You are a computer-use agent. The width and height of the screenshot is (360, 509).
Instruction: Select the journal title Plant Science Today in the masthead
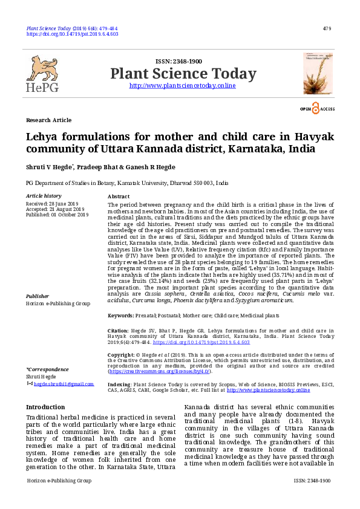(x=183, y=74)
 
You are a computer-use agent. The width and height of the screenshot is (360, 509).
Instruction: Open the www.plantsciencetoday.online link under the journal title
(x=183, y=86)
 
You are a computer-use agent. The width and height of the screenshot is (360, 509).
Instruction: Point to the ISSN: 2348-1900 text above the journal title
(x=178, y=62)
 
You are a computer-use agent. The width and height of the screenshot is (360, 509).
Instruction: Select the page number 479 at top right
(x=327, y=28)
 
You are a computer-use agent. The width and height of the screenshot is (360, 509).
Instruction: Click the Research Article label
(x=48, y=120)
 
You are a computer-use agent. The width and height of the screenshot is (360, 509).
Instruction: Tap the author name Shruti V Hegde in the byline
(x=50, y=166)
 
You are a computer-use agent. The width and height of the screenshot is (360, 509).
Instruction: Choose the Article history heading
(x=44, y=196)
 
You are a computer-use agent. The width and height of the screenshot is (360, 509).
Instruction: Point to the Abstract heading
(x=118, y=197)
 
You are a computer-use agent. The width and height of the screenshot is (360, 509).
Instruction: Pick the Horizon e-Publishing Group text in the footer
(x=59, y=481)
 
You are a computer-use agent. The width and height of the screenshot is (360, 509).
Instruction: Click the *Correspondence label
(x=47, y=369)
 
